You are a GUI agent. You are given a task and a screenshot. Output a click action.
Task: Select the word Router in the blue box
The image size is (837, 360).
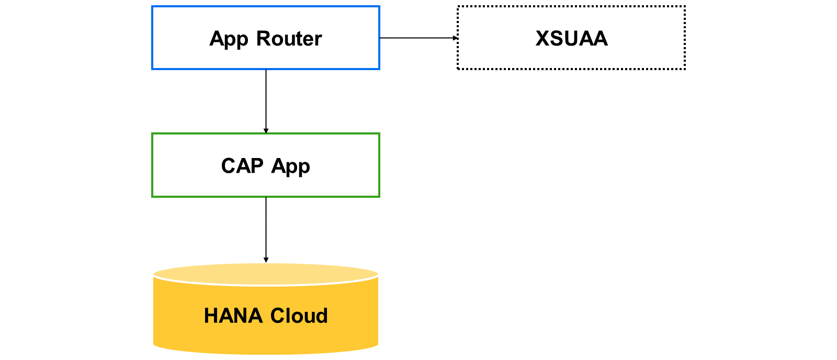point(289,38)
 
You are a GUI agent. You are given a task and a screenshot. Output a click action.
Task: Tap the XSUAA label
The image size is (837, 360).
point(571,38)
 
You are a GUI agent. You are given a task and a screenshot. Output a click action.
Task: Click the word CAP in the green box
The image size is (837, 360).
point(242,165)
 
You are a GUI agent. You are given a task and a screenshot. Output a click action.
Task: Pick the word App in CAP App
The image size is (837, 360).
point(290,167)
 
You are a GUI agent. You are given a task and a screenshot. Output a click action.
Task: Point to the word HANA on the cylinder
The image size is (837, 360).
point(233,316)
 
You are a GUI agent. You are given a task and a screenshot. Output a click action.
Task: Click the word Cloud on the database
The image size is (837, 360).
point(299,316)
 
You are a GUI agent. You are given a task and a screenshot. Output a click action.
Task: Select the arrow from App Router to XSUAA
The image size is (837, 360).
point(418,38)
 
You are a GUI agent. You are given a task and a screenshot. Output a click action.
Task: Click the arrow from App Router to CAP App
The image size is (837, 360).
point(266,102)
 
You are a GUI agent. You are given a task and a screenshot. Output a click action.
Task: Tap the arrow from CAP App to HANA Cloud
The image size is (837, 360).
point(266,230)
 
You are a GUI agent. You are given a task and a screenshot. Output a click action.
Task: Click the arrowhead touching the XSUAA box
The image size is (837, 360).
point(455,38)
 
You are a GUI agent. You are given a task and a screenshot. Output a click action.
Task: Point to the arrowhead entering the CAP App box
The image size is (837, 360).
point(266,131)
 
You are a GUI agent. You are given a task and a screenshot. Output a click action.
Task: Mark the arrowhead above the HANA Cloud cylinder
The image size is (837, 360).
point(266,260)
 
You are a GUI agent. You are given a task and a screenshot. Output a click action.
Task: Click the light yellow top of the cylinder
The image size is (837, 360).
point(266,274)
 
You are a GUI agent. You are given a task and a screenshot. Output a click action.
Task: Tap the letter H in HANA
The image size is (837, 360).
point(211,316)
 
